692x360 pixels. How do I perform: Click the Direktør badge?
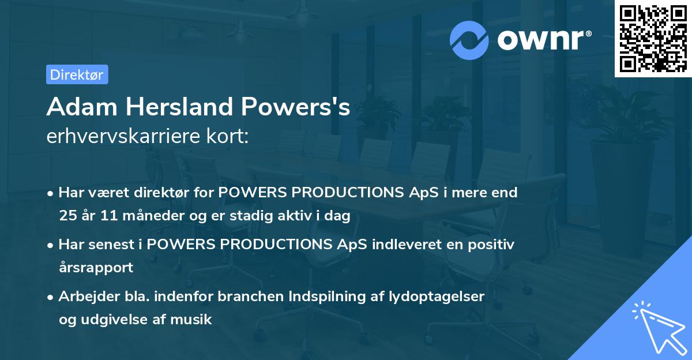click(x=77, y=74)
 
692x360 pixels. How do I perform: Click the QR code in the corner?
click(x=653, y=39)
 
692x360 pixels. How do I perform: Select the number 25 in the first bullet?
click(x=68, y=216)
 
